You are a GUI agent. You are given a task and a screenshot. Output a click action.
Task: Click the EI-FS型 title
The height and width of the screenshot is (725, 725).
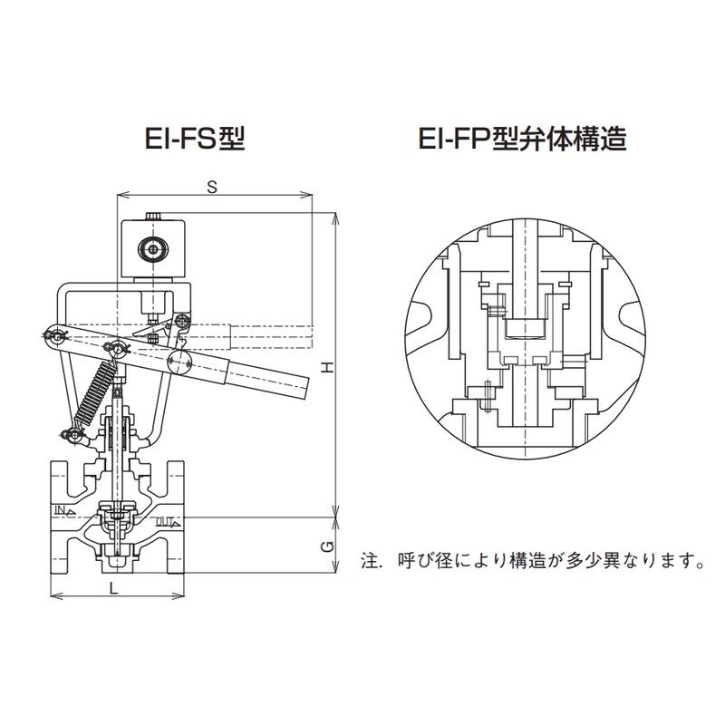(x=195, y=140)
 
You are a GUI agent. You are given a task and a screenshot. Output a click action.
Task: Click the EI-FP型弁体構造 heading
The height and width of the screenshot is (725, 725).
(x=523, y=140)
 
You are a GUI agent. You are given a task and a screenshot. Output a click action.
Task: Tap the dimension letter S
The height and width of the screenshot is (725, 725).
(x=211, y=187)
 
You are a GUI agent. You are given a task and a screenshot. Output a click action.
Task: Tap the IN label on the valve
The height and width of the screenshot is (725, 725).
(x=61, y=510)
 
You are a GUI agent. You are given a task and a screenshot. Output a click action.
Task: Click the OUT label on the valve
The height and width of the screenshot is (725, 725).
(x=165, y=521)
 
